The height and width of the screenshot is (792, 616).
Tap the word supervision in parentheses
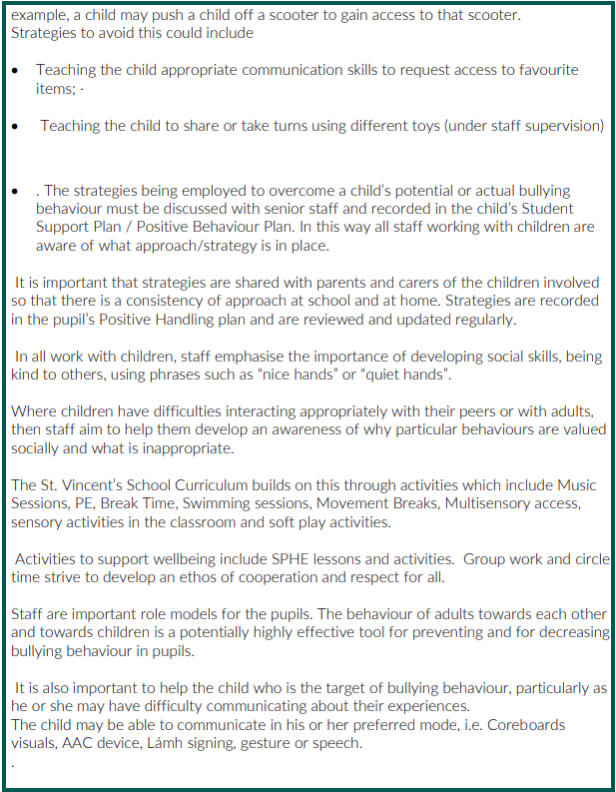563,126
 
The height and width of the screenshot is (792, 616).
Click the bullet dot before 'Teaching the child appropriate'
16,71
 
